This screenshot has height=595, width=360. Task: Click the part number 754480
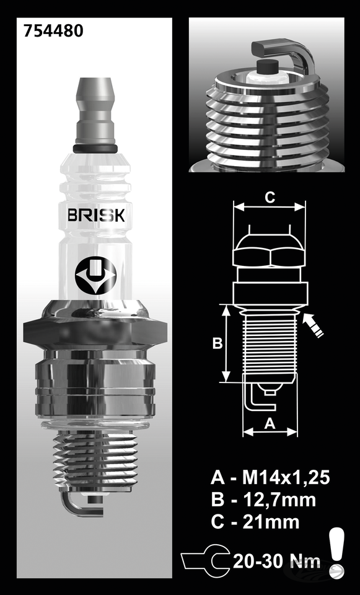click(45, 31)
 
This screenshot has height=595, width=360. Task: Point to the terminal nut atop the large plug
click(95, 112)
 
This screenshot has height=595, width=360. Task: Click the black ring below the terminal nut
click(95, 149)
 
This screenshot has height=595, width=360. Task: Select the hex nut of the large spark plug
click(95, 325)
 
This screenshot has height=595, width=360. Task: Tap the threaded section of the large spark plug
click(95, 462)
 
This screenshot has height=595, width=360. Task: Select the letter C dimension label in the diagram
click(270, 198)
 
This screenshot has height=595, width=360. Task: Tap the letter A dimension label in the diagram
click(270, 423)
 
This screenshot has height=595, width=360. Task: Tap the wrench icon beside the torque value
click(205, 562)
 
